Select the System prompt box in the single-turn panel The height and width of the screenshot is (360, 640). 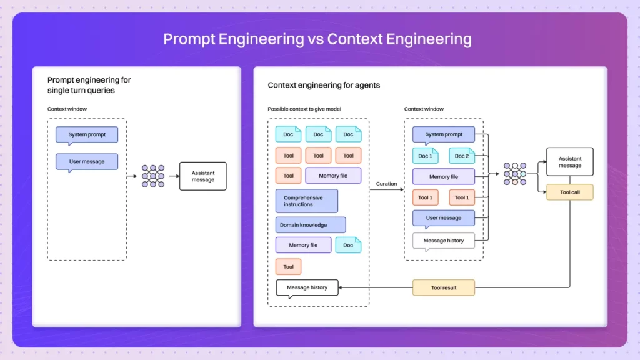87,134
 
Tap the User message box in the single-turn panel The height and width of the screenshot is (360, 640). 87,161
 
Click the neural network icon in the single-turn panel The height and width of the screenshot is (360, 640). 152,176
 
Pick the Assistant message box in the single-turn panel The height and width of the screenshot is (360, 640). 202,176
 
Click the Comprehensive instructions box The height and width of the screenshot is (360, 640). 306,201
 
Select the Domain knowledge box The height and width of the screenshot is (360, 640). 310,225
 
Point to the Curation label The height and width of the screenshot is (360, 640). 386,184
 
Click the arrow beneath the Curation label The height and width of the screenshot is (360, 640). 386,190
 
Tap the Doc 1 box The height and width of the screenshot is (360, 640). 426,156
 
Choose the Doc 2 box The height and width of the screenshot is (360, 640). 462,156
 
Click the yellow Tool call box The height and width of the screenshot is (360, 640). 569,192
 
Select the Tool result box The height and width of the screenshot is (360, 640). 444,288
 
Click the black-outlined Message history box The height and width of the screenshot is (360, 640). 307,287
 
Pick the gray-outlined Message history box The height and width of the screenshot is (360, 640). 443,241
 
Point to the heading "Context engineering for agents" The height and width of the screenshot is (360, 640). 324,85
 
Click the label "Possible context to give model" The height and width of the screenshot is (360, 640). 304,109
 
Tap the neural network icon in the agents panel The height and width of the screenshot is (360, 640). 515,174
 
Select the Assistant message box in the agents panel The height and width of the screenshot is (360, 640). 569,162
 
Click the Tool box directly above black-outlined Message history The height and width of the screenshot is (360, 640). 288,267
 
